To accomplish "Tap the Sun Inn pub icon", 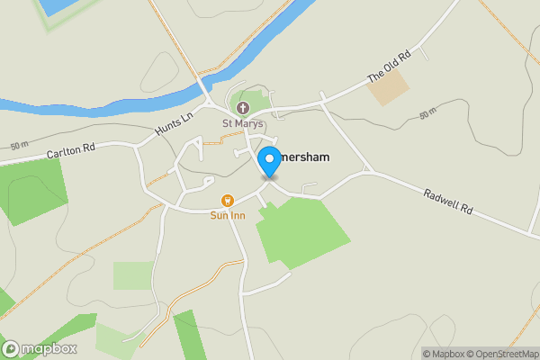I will pos(227,201).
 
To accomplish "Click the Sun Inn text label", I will pos(227,215).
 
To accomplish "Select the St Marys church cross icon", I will pos(243,108).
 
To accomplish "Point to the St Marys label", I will pos(242,122).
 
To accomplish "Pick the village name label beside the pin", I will pos(306,157).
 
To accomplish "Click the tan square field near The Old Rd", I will pos(388,87).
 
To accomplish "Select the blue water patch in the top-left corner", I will pos(59,5).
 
